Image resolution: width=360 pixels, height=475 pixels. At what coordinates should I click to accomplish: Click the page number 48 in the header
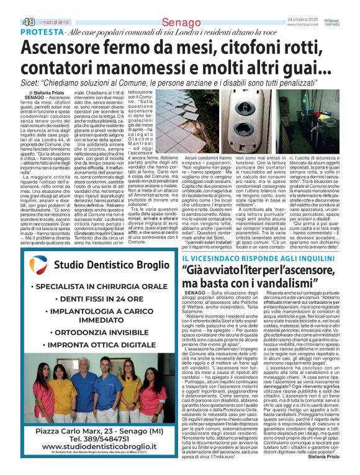(x=12, y=22)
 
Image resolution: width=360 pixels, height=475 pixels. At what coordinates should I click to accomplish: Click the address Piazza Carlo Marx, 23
(x=74, y=443)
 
